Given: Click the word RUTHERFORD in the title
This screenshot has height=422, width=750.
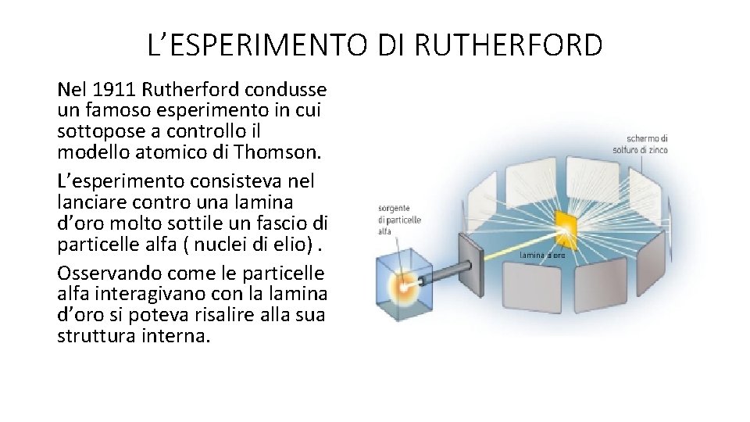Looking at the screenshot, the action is coord(509,45).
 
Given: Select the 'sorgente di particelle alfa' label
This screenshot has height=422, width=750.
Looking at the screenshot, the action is coord(399,220).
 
